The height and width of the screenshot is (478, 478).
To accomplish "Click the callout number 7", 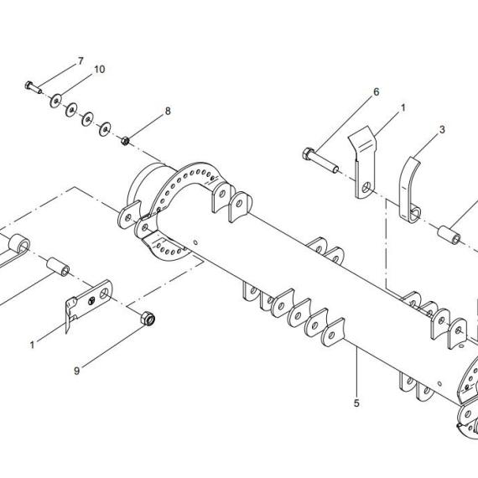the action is (x=81, y=61).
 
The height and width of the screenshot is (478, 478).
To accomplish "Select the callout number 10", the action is (x=100, y=70).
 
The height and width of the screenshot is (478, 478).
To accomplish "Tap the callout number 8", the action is (x=168, y=111).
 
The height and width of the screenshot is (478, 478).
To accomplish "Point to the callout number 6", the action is (x=377, y=91).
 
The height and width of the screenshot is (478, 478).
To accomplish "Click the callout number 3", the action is (x=442, y=129).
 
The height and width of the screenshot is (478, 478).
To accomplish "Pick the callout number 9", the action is (x=77, y=371).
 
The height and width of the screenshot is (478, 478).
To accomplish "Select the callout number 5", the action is (x=356, y=403).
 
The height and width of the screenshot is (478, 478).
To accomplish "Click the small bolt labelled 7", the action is (x=34, y=87).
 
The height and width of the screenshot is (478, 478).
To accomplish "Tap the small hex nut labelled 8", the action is (x=125, y=141).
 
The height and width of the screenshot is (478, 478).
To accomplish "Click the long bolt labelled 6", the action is (x=320, y=160).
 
